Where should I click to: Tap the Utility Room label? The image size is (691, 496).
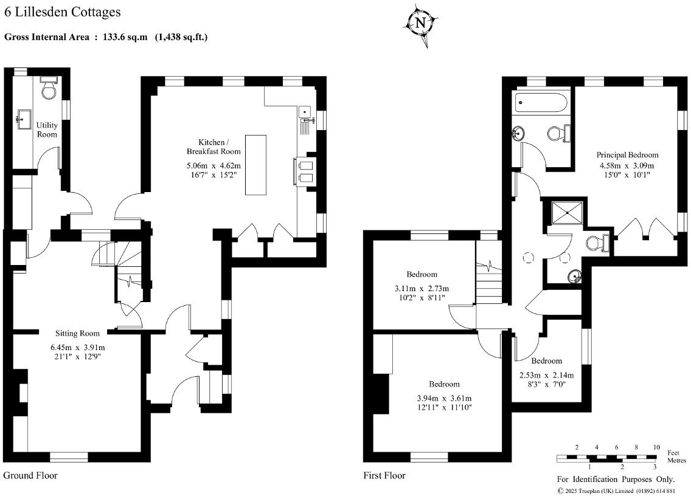point(47,129)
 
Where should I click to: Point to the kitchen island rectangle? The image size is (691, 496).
point(256,164)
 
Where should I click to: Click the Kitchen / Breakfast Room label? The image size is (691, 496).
point(213,146)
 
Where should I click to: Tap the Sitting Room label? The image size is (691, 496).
point(77,333)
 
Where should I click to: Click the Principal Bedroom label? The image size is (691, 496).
point(627,155)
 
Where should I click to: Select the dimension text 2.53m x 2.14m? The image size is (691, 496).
point(546,375)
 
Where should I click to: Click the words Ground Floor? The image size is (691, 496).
point(30,475)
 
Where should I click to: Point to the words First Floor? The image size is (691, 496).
point(384,475)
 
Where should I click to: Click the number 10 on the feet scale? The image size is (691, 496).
point(656,447)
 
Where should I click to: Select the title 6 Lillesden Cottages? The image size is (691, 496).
point(62,12)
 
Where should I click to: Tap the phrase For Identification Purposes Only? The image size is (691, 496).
point(616,480)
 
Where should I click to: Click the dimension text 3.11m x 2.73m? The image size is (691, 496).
point(422,288)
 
